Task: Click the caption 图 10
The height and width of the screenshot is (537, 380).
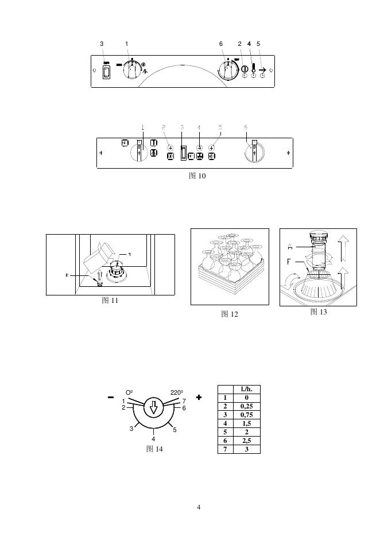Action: (x=197, y=176)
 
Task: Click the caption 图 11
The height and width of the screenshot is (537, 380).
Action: (x=110, y=300)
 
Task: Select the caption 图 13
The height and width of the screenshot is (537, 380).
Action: (x=319, y=312)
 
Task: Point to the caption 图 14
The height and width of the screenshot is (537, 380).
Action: (x=154, y=449)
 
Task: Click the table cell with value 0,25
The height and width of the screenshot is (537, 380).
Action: (x=246, y=406)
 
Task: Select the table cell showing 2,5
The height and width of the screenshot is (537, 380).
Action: (x=246, y=440)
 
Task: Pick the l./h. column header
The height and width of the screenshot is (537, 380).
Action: (x=246, y=388)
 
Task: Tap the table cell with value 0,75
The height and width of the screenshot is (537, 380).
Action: (x=246, y=414)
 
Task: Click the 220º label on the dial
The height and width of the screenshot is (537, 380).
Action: (x=176, y=392)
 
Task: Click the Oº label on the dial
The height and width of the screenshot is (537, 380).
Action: (x=129, y=392)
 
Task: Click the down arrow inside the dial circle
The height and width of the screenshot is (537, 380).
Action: (x=153, y=407)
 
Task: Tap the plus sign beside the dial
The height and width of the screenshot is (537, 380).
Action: (x=199, y=397)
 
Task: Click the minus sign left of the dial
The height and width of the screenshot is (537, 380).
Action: (x=110, y=397)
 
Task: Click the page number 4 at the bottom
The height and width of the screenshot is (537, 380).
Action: (x=198, y=507)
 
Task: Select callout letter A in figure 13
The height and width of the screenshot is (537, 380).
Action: (x=291, y=247)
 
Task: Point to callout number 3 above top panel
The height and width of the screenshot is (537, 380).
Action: (x=102, y=44)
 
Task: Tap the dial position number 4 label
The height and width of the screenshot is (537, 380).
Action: (x=153, y=439)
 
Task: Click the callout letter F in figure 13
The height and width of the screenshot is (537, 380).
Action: (x=291, y=262)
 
